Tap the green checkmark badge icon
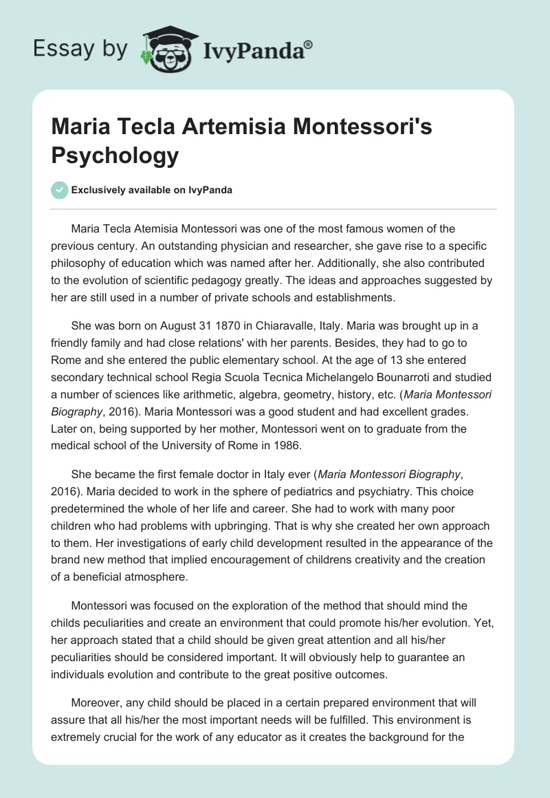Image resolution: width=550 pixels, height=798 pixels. point(60,190)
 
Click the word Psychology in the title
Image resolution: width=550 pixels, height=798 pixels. point(115,155)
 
